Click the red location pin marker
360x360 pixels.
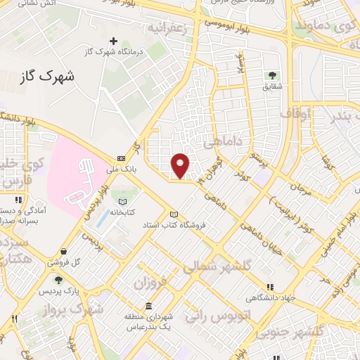(181, 165)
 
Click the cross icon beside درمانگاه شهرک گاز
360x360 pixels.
(113, 41)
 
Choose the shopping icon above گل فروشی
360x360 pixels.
(63, 251)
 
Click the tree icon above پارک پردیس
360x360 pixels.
(59, 280)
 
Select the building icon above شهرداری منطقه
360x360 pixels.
(148, 306)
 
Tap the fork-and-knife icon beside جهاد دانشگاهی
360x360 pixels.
(270, 287)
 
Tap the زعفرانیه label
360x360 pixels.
(168, 28)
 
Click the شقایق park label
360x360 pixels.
(272, 86)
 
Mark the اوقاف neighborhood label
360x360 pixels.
(295, 112)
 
